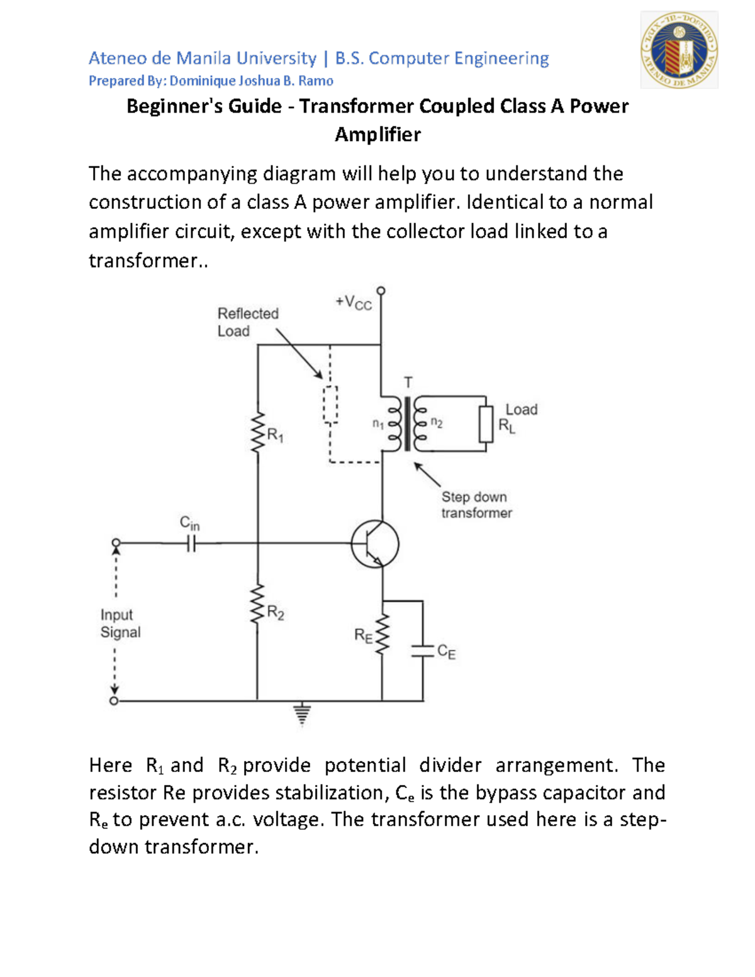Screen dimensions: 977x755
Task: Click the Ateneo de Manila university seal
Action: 679,50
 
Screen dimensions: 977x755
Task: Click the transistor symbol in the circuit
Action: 376,544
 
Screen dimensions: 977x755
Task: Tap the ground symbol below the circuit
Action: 302,714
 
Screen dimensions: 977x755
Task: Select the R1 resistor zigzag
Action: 257,432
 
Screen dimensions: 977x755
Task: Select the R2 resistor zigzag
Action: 257,605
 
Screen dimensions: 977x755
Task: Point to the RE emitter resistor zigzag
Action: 382,634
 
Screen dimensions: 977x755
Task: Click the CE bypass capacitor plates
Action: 423,650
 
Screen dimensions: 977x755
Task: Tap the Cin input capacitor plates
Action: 191,544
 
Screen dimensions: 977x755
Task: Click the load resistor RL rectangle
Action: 486,424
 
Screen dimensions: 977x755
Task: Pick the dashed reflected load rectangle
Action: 330,405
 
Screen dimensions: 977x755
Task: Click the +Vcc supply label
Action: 354,303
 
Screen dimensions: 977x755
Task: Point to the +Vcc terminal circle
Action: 381,291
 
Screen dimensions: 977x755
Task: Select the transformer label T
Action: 408,382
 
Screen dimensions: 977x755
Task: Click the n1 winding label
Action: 377,424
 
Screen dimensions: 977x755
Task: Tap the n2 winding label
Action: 437,423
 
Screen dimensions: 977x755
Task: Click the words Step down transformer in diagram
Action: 476,505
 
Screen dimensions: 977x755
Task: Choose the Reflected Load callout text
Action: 247,322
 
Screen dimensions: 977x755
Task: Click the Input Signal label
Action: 120,623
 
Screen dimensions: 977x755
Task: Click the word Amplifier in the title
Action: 377,135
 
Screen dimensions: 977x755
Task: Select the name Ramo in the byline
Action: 316,81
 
